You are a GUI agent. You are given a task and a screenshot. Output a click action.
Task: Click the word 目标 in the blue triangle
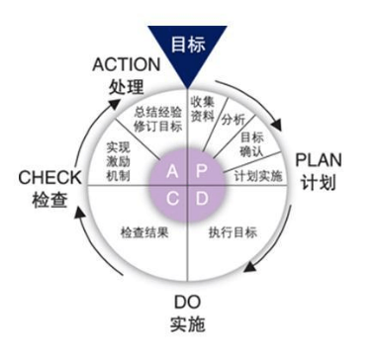[189, 45]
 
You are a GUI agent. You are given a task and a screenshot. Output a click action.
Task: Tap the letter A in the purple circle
[173, 171]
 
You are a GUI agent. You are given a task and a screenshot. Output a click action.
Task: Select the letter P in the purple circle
[202, 171]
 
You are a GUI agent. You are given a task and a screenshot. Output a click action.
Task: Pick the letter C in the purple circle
[173, 197]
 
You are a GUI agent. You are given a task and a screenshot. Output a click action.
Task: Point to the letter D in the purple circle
[202, 197]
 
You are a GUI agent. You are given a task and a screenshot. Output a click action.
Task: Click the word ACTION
[126, 65]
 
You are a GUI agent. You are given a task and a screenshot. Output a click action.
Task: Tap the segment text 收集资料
[203, 107]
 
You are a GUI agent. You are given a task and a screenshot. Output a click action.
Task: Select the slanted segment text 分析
[235, 118]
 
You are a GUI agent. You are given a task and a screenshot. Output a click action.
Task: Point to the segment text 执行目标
[232, 232]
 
